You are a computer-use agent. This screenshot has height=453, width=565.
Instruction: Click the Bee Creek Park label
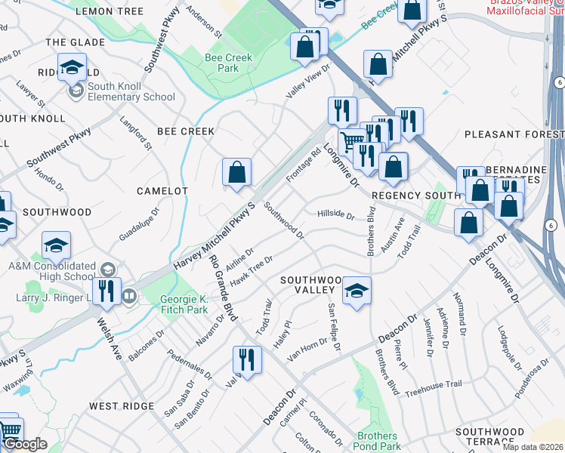(x=222, y=63)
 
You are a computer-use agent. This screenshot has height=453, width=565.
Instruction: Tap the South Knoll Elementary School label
(x=131, y=91)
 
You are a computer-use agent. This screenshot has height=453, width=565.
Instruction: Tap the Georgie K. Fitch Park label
(x=184, y=304)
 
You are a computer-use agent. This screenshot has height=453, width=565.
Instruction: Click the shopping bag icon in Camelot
(x=237, y=172)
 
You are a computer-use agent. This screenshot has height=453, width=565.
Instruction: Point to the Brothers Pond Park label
(x=377, y=441)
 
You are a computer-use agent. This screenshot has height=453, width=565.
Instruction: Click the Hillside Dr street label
(x=335, y=214)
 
